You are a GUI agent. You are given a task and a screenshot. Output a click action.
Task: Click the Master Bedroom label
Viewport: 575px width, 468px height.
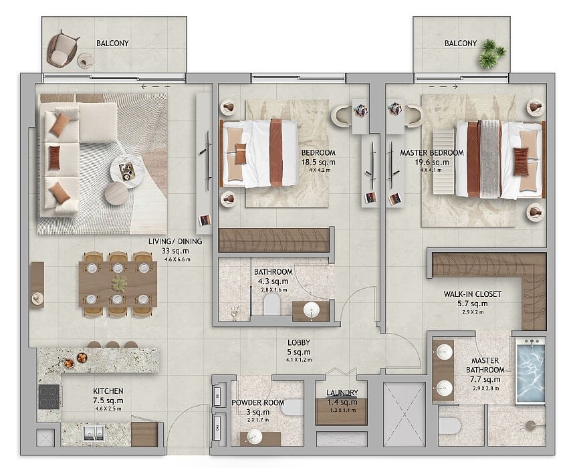pyautogui.click(x=432, y=152)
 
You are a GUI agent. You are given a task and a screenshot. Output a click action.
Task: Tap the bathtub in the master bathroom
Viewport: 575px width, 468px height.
pyautogui.click(x=531, y=371)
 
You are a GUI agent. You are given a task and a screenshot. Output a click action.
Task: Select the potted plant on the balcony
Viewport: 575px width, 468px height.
pyautogui.click(x=492, y=53)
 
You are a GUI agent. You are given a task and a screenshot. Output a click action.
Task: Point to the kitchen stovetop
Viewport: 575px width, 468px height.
pyautogui.click(x=49, y=396)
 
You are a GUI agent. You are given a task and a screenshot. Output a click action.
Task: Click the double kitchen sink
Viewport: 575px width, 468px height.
pyautogui.click(x=94, y=433)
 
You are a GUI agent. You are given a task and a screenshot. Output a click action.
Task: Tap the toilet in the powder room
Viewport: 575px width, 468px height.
pyautogui.click(x=292, y=407)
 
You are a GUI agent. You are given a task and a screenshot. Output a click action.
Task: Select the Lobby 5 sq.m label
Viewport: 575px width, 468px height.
pyautogui.click(x=299, y=348)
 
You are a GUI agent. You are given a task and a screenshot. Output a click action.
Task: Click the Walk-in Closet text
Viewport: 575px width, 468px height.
pyautogui.click(x=472, y=294)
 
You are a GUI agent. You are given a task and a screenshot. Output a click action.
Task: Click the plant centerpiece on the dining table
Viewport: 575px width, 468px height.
pyautogui.click(x=119, y=284)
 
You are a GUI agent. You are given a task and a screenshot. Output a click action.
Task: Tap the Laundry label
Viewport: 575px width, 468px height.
pyautogui.click(x=342, y=392)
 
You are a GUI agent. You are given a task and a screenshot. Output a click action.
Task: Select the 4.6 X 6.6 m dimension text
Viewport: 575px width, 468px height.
pyautogui.click(x=177, y=259)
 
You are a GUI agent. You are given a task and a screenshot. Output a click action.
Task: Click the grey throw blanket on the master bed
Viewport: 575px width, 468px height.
pyautogui.click(x=491, y=158)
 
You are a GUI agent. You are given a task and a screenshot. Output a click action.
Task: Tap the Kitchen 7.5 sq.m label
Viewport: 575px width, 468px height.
pyautogui.click(x=108, y=396)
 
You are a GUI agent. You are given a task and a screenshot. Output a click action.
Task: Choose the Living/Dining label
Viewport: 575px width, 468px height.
pyautogui.click(x=175, y=241)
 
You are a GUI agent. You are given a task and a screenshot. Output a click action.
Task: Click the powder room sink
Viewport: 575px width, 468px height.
pyautogui.click(x=255, y=437)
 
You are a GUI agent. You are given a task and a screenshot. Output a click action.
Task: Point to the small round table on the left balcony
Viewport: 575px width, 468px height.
pyautogui.click(x=86, y=60)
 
